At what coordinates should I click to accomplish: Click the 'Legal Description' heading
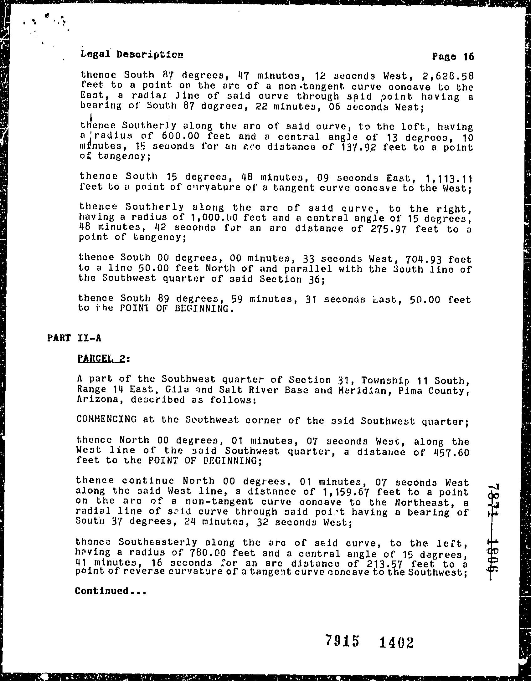pos(132,54)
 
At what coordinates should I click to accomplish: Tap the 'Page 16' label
pos(453,57)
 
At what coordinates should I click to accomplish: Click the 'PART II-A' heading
pos(74,338)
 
